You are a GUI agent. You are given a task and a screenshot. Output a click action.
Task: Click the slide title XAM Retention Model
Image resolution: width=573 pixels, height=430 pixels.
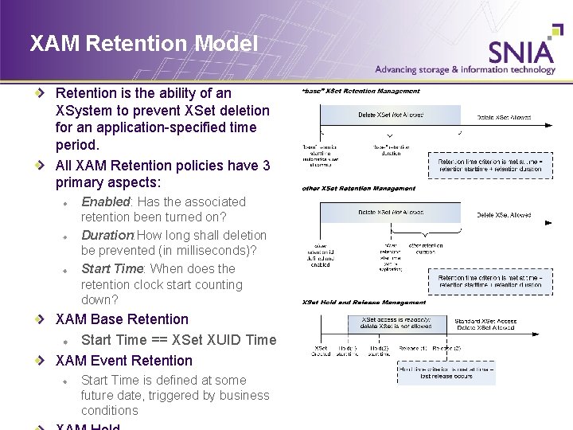tap(143, 43)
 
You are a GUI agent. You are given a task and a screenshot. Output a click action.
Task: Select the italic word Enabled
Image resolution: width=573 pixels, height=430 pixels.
tap(105, 202)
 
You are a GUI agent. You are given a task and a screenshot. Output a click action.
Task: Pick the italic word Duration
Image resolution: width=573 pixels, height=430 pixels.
tap(107, 236)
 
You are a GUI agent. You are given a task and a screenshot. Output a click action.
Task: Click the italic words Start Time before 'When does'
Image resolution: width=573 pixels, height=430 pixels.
tap(112, 269)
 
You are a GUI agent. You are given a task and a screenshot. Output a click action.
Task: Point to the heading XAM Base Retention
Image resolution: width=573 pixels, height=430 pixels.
tap(122, 319)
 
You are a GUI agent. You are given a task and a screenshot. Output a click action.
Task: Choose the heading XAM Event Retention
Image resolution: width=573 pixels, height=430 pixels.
tap(124, 360)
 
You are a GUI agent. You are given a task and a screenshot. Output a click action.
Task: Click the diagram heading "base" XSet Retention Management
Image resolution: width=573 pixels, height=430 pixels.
tap(360, 92)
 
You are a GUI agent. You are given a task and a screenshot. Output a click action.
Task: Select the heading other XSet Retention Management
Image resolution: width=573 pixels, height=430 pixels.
tap(358, 189)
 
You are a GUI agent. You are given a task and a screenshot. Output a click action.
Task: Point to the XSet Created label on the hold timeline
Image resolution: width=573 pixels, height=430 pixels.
tap(321, 351)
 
